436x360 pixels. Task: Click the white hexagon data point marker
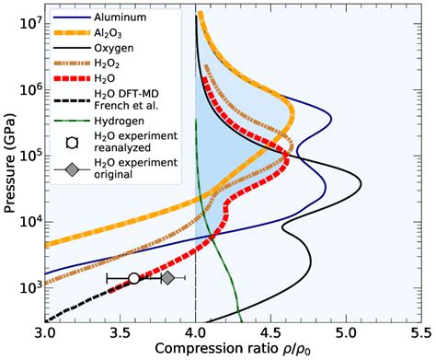134,277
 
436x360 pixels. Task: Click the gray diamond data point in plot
167,277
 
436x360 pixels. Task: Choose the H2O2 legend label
109,68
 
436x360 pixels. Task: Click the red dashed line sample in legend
70,85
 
